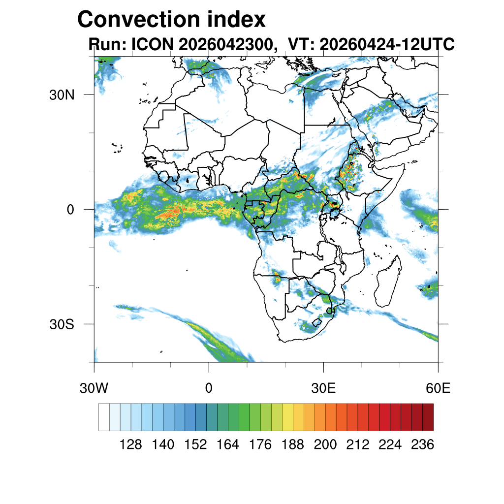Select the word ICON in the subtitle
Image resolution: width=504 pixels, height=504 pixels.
(153, 44)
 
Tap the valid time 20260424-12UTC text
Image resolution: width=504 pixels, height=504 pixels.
(387, 44)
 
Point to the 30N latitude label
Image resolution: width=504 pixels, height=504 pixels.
(62, 95)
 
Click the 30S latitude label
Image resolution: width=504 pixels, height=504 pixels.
(62, 324)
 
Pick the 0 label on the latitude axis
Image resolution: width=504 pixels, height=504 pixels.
(70, 210)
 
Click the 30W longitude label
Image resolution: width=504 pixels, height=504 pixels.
(94, 388)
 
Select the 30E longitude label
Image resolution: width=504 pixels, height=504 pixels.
(323, 388)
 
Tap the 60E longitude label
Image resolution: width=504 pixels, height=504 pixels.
(438, 388)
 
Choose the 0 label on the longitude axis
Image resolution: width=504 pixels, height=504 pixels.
(209, 388)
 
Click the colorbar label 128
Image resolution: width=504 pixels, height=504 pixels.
(130, 444)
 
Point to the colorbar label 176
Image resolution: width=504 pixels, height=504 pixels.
(260, 444)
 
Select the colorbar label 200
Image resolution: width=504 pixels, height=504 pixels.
(325, 444)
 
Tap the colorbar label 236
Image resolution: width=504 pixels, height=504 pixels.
(423, 444)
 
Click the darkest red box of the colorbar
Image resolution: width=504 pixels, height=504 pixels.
(428, 417)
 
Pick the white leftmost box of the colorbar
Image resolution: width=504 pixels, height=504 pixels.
(104, 417)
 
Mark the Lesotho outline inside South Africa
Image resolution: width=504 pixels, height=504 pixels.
(317, 322)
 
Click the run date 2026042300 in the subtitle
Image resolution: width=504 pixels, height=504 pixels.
(226, 44)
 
